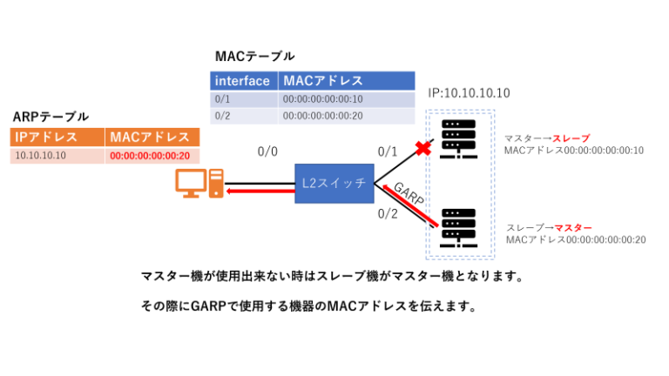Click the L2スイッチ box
coord(334,184)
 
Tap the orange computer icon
coord(199,184)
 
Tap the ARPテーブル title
coord(51,116)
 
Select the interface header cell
coord(245,81)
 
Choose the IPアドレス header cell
coord(57,137)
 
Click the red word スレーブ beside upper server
coord(571,138)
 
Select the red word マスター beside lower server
coord(573,226)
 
